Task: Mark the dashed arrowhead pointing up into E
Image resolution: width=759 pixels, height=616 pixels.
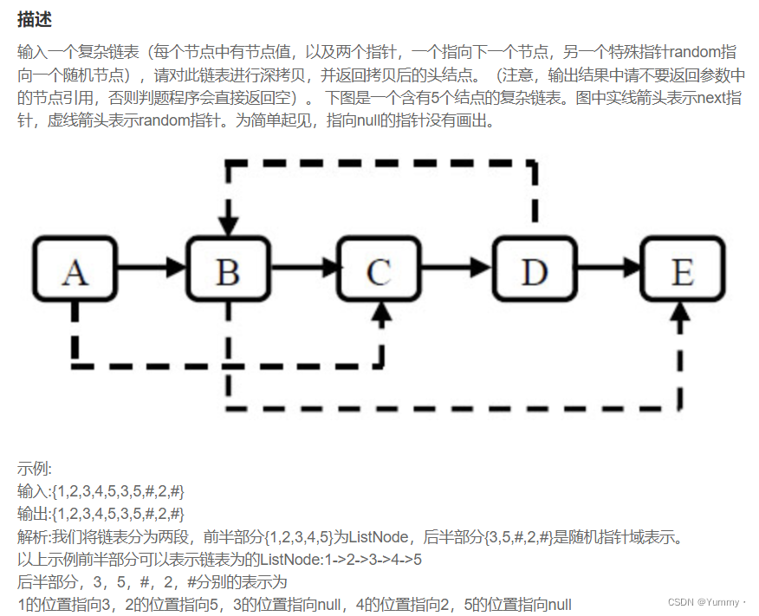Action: coord(682,313)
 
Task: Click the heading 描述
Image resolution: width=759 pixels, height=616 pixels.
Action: coord(34,19)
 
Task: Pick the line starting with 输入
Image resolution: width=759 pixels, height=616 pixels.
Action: coord(101,491)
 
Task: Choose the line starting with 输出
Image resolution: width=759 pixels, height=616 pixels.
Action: coord(101,514)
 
